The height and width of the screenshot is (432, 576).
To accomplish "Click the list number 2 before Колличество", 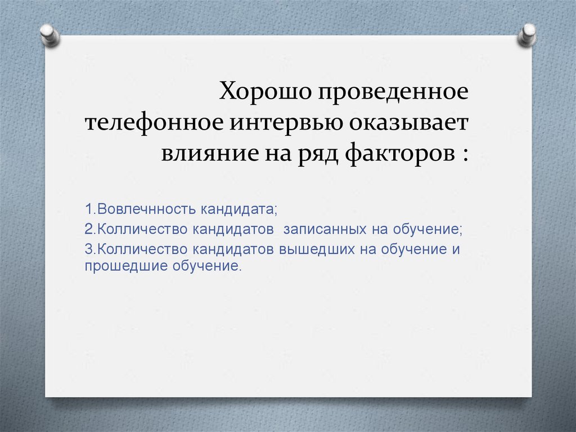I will pyautogui.click(x=88, y=229).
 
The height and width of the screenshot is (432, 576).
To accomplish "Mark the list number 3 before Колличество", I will pyautogui.click(x=88, y=248).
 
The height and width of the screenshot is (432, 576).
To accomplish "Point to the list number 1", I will pyautogui.click(x=88, y=210).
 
